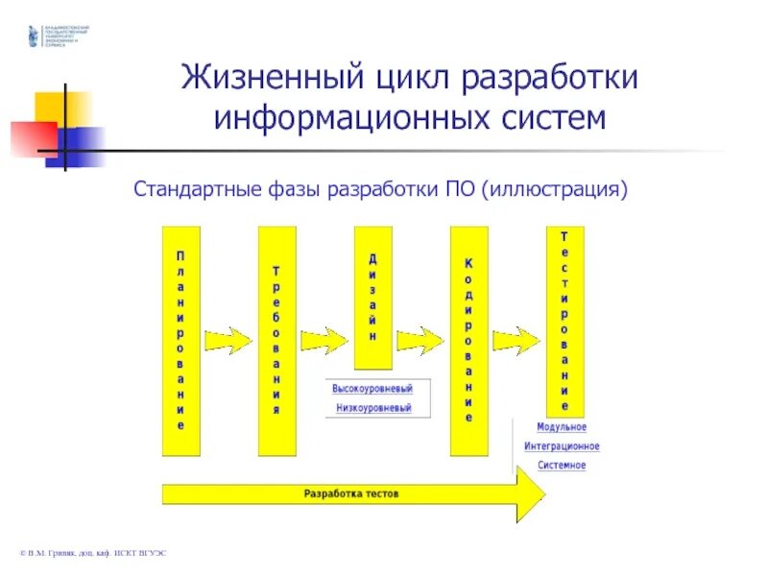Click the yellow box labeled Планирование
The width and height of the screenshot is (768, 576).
(180, 341)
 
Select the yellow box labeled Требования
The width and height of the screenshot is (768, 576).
(276, 341)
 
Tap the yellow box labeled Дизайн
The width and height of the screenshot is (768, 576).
(372, 298)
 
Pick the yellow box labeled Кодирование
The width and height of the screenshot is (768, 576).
(468, 341)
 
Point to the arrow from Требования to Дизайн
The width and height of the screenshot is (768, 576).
(324, 339)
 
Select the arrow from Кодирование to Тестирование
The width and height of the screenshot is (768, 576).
(516, 339)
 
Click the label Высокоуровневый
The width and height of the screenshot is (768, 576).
(372, 389)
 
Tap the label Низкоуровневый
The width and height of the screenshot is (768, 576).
(372, 408)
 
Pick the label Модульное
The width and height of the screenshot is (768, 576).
(562, 427)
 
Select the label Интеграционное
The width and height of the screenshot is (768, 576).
(562, 446)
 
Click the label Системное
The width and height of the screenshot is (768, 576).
(562, 466)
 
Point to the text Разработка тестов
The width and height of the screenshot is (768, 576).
(350, 493)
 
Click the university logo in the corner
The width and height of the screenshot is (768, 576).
(36, 36)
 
